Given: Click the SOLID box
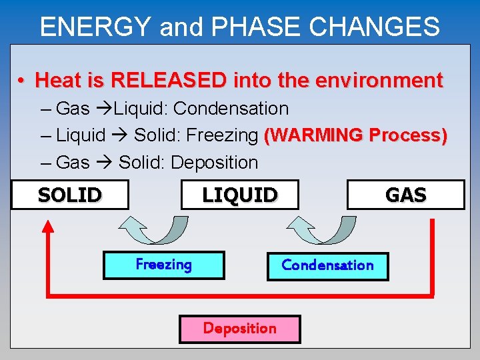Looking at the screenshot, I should (70, 195).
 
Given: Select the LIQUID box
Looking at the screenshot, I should (240, 195).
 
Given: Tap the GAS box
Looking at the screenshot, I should (405, 195).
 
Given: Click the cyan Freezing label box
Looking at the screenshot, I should (164, 265).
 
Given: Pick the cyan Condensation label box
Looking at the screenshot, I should (327, 265).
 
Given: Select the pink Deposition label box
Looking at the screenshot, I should (240, 329).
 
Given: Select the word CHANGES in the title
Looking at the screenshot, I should (373, 27).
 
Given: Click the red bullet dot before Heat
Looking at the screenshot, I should (22, 81).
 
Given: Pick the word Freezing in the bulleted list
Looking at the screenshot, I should (222, 135).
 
